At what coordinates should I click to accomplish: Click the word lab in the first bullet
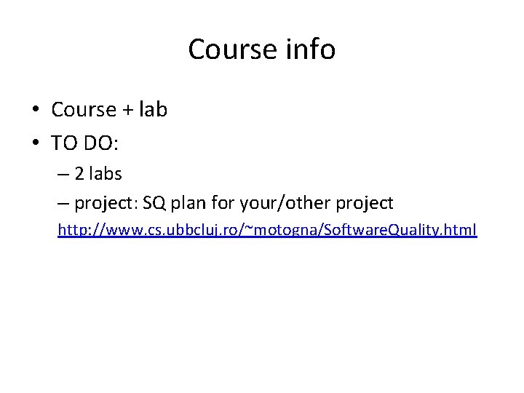153,110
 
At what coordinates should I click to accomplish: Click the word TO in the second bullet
64,143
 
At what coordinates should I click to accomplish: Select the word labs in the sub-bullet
106,175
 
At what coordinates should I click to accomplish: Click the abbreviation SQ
155,202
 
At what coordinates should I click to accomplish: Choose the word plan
191,202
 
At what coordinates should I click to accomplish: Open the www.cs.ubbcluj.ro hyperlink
267,231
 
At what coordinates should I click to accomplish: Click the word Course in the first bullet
84,110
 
